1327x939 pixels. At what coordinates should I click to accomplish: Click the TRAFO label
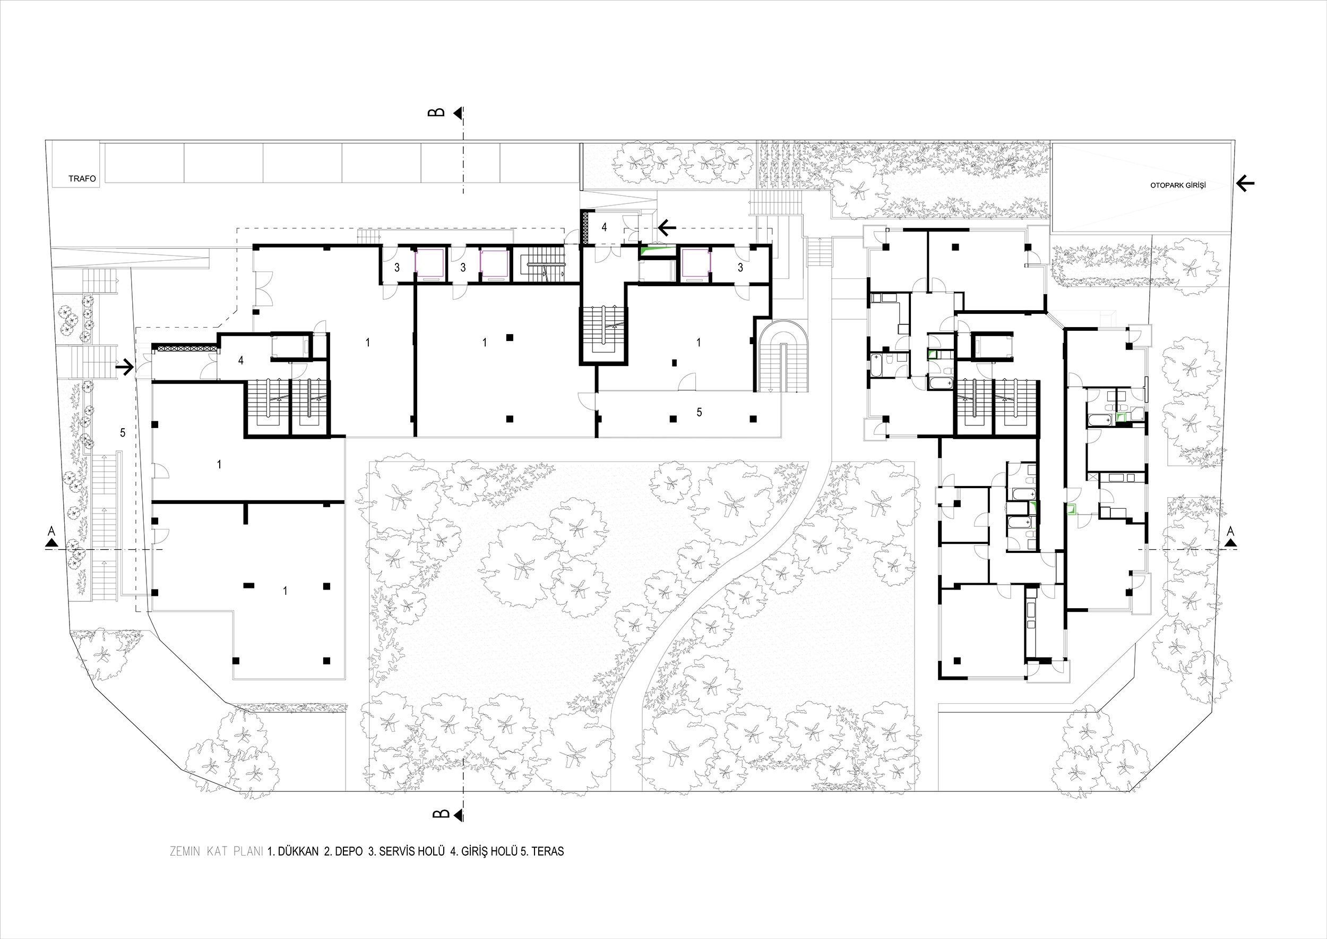click(x=82, y=178)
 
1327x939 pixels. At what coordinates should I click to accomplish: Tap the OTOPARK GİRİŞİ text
click(x=1177, y=185)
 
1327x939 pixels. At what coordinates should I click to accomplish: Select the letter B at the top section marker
click(x=440, y=112)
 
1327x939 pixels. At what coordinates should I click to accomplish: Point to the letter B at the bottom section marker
click(x=441, y=814)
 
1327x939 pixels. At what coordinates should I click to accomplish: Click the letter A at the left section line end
click(x=51, y=530)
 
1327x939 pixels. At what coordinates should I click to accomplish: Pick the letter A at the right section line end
click(x=1230, y=530)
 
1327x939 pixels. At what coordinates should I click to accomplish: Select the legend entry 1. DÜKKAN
click(x=293, y=851)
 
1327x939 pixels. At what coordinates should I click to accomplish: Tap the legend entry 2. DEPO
click(x=344, y=851)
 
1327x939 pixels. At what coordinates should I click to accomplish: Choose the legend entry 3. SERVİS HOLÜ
click(x=406, y=851)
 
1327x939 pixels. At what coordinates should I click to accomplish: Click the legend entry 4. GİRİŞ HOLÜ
click(x=484, y=851)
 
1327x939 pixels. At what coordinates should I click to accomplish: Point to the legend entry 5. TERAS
click(x=542, y=851)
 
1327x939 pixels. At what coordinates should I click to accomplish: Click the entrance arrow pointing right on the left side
click(x=125, y=366)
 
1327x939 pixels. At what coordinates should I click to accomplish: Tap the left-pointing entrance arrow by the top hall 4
click(x=668, y=228)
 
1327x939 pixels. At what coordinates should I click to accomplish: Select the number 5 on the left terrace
click(x=123, y=432)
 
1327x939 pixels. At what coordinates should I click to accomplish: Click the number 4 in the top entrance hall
click(x=604, y=227)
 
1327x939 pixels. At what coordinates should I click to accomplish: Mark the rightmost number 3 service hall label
click(x=740, y=268)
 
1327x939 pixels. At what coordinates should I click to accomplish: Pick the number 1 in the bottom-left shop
click(x=285, y=591)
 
